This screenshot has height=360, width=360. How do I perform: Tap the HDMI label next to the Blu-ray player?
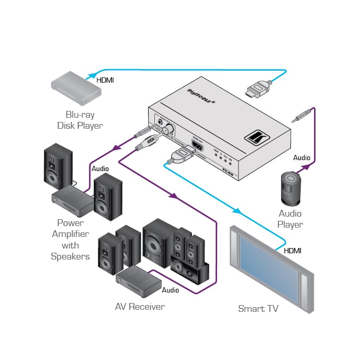[105, 81]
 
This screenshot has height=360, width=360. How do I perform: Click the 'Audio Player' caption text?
[290, 219]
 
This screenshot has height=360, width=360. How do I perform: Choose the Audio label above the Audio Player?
[301, 157]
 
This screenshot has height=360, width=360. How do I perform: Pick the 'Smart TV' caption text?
[258, 308]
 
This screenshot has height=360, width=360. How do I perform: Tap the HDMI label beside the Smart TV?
[292, 251]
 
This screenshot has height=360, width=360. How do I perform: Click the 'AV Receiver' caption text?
[140, 306]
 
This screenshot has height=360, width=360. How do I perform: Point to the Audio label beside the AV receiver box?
[170, 290]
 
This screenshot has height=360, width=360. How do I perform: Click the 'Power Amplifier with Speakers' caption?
[70, 240]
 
